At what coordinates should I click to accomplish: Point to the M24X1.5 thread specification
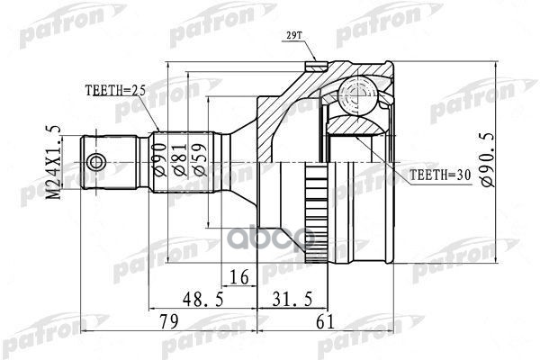tap(51, 164)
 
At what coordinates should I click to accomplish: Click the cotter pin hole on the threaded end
tap(95, 163)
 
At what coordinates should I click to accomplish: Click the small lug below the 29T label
tap(314, 65)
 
